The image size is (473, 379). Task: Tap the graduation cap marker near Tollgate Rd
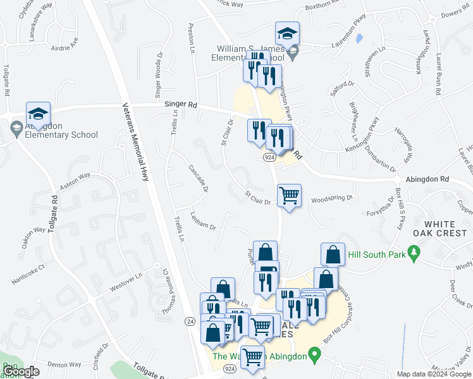[37, 114]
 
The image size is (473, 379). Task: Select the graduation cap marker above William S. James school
[287, 33]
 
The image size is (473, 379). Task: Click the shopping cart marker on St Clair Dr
[289, 196]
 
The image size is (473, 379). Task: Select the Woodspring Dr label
[332, 198]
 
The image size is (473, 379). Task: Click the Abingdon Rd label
[427, 179]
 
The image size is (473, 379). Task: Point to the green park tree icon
[415, 253]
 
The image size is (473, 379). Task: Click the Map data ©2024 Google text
[434, 374]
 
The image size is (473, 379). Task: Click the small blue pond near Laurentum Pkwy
[359, 39]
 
